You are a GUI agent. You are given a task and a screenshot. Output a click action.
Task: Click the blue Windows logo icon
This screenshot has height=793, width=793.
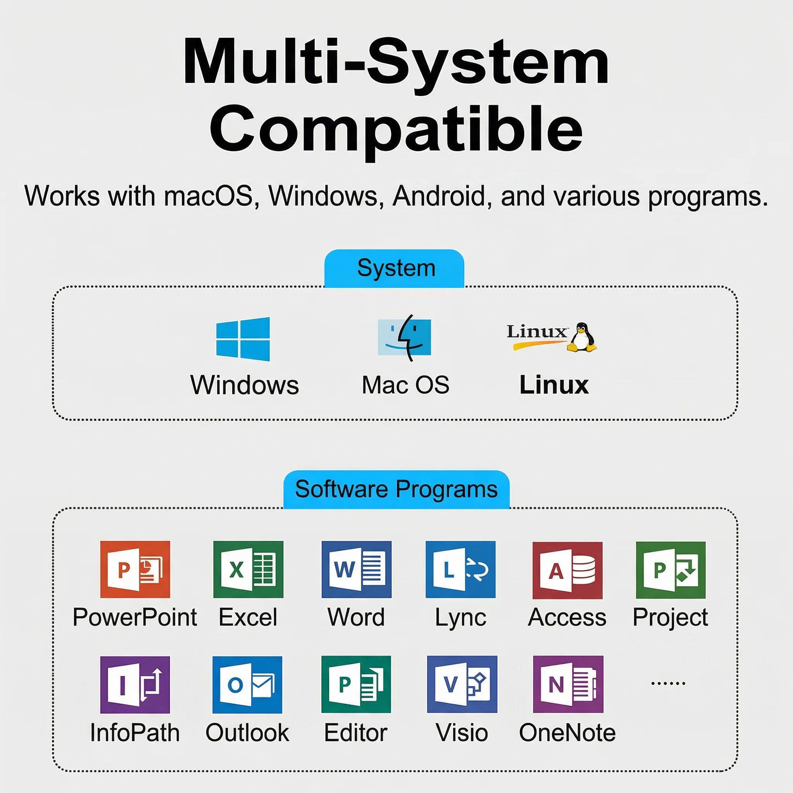click(x=243, y=339)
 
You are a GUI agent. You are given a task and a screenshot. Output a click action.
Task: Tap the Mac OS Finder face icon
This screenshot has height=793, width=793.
click(x=404, y=338)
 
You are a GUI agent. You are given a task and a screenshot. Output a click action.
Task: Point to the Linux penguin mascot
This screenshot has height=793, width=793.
click(x=582, y=337)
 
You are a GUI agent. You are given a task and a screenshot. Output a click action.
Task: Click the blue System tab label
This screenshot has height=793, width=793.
click(x=394, y=268)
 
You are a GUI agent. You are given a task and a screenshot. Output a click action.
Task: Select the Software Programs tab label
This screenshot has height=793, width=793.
click(x=396, y=489)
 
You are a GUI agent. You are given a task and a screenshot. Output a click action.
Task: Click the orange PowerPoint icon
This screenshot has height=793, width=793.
click(x=135, y=569)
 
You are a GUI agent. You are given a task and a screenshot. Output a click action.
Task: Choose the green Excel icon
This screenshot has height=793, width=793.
click(x=248, y=569)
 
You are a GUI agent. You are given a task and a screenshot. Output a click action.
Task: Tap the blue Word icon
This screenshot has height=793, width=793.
click(x=357, y=569)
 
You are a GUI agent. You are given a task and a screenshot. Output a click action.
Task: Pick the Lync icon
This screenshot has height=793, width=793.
click(x=460, y=569)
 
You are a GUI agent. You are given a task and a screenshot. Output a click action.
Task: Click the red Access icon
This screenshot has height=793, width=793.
click(x=568, y=570)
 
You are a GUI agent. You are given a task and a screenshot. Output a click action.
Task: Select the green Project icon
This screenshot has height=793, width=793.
click(x=671, y=570)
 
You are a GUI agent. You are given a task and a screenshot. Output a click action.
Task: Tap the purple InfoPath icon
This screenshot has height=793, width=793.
click(x=135, y=685)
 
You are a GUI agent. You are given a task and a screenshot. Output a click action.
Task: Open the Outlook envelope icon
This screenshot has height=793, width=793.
click(x=247, y=685)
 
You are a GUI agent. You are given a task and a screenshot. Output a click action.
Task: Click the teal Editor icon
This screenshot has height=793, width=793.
click(x=356, y=684)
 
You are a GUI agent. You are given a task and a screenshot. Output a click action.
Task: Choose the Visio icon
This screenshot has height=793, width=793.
click(x=462, y=684)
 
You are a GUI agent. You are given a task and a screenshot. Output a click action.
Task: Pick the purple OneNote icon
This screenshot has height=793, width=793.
click(x=568, y=684)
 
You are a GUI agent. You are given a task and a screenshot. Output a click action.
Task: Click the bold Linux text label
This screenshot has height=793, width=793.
click(x=554, y=385)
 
